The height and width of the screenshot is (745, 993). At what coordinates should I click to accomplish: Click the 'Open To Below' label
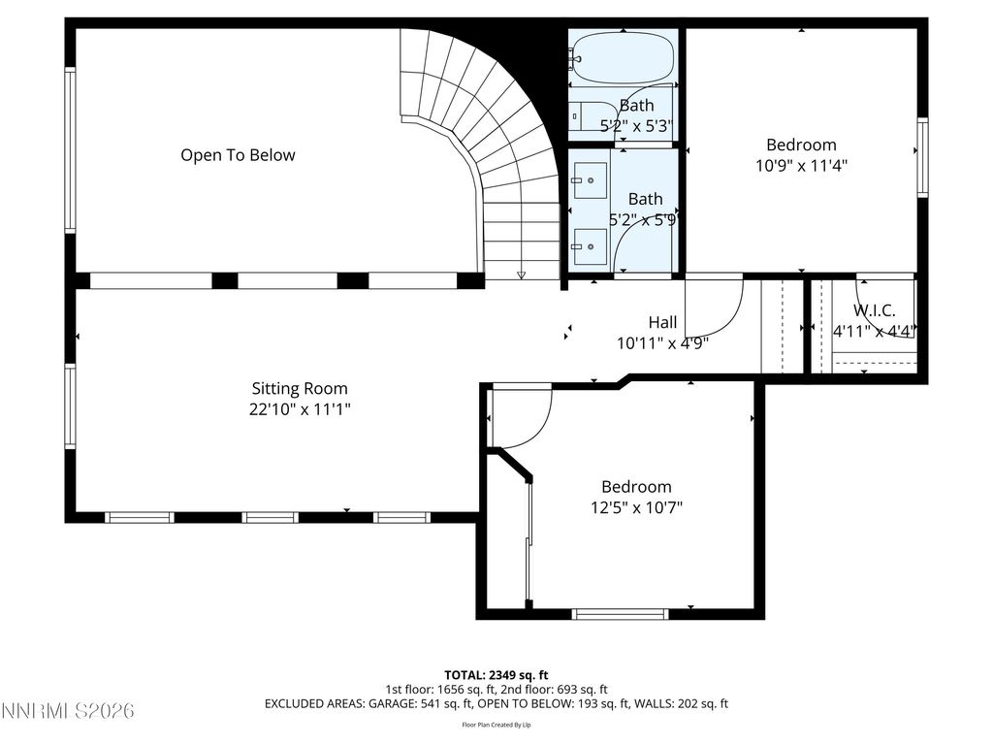pos(238,155)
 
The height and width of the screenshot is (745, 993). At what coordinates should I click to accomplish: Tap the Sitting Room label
pos(300,388)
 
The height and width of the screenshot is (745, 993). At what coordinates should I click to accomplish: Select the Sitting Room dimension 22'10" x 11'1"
pos(300,409)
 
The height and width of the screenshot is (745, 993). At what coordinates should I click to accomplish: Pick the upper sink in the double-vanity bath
pos(590,179)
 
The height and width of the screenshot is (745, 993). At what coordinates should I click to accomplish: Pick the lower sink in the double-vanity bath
pos(590,246)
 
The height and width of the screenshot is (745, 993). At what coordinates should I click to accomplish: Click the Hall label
pos(662,322)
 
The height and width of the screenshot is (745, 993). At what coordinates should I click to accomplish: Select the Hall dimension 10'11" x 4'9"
pos(662,342)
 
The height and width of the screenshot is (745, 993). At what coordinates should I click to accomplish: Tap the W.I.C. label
pos(874,310)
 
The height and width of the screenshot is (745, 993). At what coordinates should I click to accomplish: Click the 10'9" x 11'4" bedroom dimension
pos(801,165)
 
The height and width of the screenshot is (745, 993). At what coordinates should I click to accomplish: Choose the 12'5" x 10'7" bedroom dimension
pos(635,506)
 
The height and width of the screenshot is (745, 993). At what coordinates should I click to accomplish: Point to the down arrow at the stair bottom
pos(521,275)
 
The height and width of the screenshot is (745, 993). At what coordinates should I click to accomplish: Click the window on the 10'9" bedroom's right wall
pos(922,156)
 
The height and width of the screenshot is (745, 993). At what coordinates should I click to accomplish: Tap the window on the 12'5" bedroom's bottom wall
pos(620,613)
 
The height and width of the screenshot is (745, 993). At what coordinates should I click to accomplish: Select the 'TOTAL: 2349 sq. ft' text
pos(496,674)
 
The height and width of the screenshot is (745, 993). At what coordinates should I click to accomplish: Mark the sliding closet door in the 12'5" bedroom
pos(529,543)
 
